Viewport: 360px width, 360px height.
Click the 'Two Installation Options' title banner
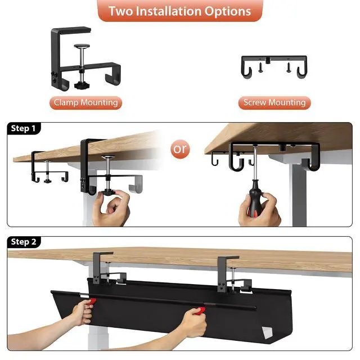click(179, 11)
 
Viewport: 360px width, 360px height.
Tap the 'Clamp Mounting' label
click(85, 102)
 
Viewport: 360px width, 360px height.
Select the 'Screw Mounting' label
click(274, 102)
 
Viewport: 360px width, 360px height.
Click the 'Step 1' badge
click(24, 129)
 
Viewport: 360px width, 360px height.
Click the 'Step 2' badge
click(24, 242)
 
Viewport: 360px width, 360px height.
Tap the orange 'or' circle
click(180, 150)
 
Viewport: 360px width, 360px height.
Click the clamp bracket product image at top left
click(84, 59)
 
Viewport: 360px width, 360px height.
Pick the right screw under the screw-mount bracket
click(288, 69)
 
